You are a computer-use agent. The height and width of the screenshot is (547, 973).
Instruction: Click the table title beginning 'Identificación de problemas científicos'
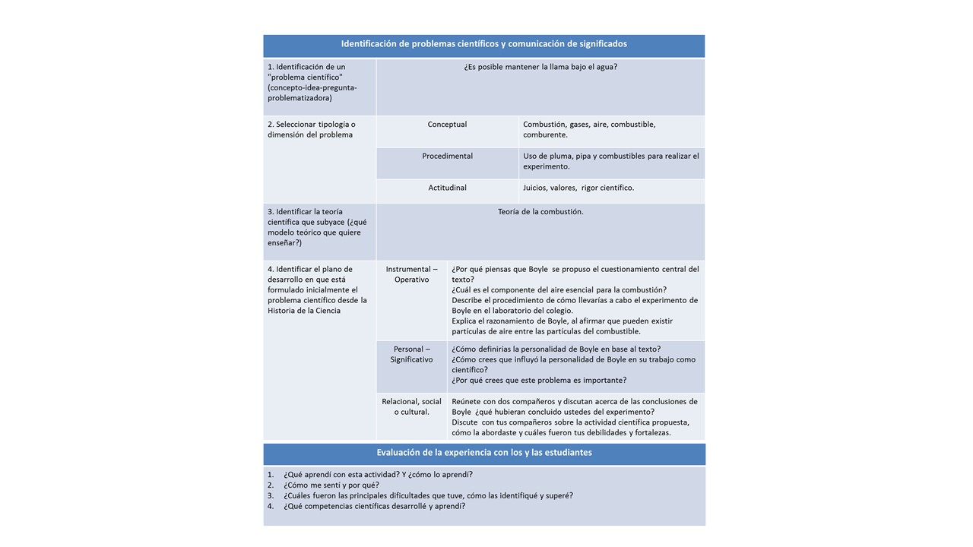point(483,44)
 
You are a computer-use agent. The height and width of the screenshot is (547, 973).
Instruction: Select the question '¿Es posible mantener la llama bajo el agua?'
point(540,67)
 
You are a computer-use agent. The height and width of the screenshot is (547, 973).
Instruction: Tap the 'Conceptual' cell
point(447,125)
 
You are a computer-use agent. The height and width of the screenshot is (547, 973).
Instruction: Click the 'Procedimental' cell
point(447,157)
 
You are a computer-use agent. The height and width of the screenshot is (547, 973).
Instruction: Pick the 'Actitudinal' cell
point(447,188)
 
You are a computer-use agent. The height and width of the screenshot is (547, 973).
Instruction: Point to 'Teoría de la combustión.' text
point(540,212)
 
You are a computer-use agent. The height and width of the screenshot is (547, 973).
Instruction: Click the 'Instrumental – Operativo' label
point(411,274)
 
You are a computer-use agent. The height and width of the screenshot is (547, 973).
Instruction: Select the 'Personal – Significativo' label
point(411,354)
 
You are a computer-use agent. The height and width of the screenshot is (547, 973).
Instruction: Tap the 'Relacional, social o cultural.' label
point(411,406)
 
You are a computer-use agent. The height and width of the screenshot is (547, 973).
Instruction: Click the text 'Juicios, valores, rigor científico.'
point(578,188)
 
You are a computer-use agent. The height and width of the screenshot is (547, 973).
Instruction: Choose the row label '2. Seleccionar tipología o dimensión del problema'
point(311,129)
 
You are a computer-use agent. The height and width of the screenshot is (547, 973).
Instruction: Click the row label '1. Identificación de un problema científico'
point(312,82)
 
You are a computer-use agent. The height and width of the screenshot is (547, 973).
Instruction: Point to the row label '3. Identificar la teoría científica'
point(316,227)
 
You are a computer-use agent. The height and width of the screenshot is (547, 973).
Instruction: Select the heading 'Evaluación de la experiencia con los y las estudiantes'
point(484,453)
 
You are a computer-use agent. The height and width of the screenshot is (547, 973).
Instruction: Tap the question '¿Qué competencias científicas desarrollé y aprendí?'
point(374,506)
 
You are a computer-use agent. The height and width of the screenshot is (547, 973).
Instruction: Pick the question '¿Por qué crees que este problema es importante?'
point(539,381)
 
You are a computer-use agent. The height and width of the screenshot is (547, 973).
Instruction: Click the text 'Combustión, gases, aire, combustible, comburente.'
point(589,129)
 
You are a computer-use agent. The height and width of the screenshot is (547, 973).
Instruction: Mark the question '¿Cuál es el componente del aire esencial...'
point(559,289)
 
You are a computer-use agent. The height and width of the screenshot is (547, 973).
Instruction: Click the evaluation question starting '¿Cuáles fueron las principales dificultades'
point(428,495)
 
